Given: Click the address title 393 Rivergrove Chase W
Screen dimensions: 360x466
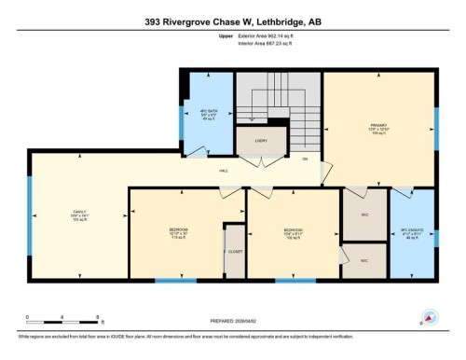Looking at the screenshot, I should coord(232,21).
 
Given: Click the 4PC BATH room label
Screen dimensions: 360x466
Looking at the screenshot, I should coord(208,113).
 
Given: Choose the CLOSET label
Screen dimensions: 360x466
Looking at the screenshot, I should coord(235,252).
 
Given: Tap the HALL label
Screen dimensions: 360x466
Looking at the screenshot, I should coord(224,172).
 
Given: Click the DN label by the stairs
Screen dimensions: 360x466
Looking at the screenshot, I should coord(305,159).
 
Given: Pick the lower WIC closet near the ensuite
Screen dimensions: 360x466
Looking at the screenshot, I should coord(363,260).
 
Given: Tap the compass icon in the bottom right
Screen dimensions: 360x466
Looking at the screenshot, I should coord(430,316).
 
